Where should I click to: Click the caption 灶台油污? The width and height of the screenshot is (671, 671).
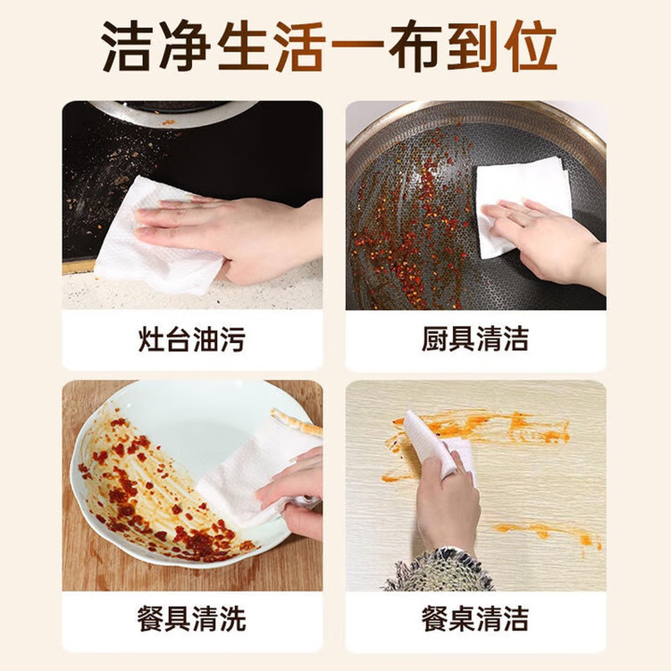192,339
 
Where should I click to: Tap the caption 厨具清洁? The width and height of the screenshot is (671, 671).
475,339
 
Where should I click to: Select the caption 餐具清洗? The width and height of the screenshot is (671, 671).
192,618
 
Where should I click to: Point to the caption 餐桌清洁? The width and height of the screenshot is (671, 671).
475,618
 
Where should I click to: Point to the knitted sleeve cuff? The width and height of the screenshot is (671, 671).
438,571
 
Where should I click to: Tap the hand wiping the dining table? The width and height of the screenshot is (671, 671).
447,503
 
